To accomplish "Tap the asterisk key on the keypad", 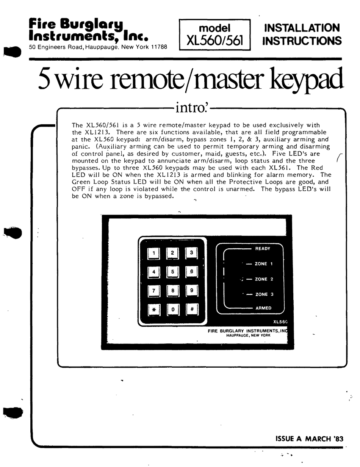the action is (154, 310).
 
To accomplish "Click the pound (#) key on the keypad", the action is (192, 309).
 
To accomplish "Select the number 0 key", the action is (173, 309).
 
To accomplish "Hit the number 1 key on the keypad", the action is (153, 253).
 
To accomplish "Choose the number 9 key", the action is (192, 291).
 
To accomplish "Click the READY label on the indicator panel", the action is (263, 249).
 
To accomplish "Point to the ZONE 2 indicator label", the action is (264, 279).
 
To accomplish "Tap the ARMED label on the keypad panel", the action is (263, 308).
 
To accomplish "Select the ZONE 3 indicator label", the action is (264, 295).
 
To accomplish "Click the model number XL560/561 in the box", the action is (214, 41).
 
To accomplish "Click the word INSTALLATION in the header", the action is (302, 28).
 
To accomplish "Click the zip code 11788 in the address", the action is (159, 47).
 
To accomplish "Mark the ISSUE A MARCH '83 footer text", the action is (309, 439).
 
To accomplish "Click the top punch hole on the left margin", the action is (12, 52).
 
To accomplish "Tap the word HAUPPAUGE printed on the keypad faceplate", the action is (237, 335).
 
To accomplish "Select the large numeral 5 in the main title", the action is (45, 78).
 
